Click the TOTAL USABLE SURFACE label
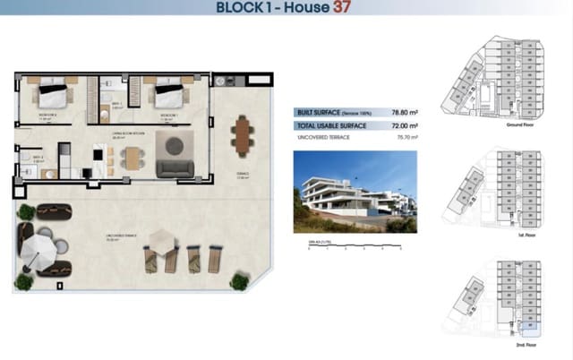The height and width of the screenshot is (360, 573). click(x=332, y=126)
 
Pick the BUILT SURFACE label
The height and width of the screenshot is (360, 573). click(x=315, y=113)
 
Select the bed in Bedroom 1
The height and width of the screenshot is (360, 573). click(x=169, y=94)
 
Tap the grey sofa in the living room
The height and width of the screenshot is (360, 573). click(x=175, y=166)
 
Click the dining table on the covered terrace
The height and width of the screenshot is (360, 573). click(x=242, y=134)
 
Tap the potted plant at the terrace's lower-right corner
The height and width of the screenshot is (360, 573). click(x=238, y=280)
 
